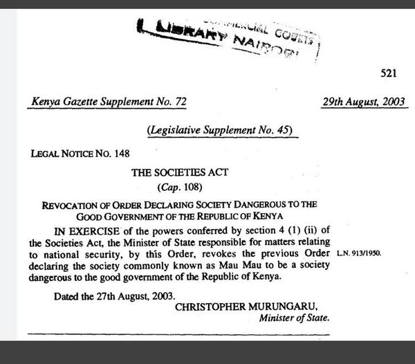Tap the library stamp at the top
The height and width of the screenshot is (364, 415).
click(x=229, y=34)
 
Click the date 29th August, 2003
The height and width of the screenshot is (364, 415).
click(x=365, y=102)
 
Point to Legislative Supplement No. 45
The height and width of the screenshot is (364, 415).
click(x=221, y=129)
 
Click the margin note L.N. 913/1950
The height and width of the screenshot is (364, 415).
click(x=359, y=255)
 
